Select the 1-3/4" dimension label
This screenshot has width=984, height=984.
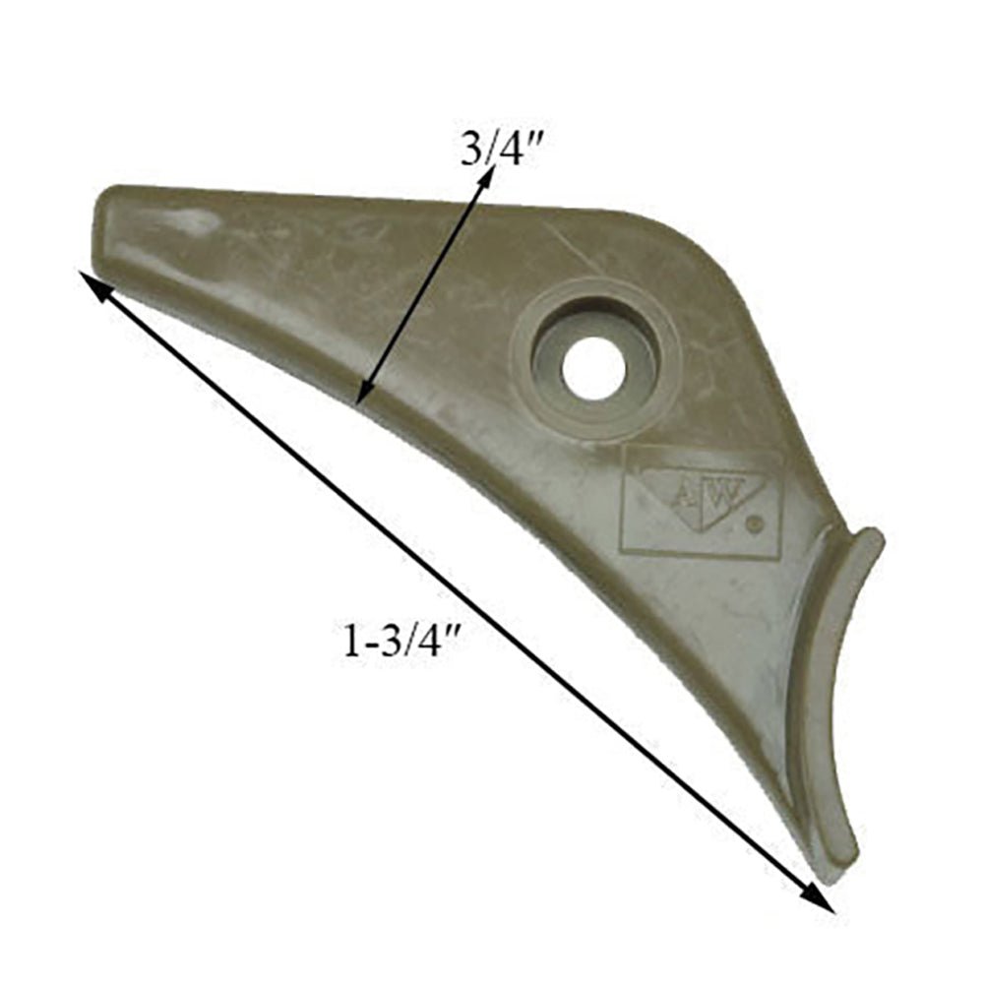pyautogui.click(x=403, y=642)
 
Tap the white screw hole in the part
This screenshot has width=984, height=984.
pyautogui.click(x=593, y=368)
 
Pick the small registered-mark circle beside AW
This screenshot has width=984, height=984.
pyautogui.click(x=755, y=524)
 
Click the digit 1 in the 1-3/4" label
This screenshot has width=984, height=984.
pyautogui.click(x=348, y=642)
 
